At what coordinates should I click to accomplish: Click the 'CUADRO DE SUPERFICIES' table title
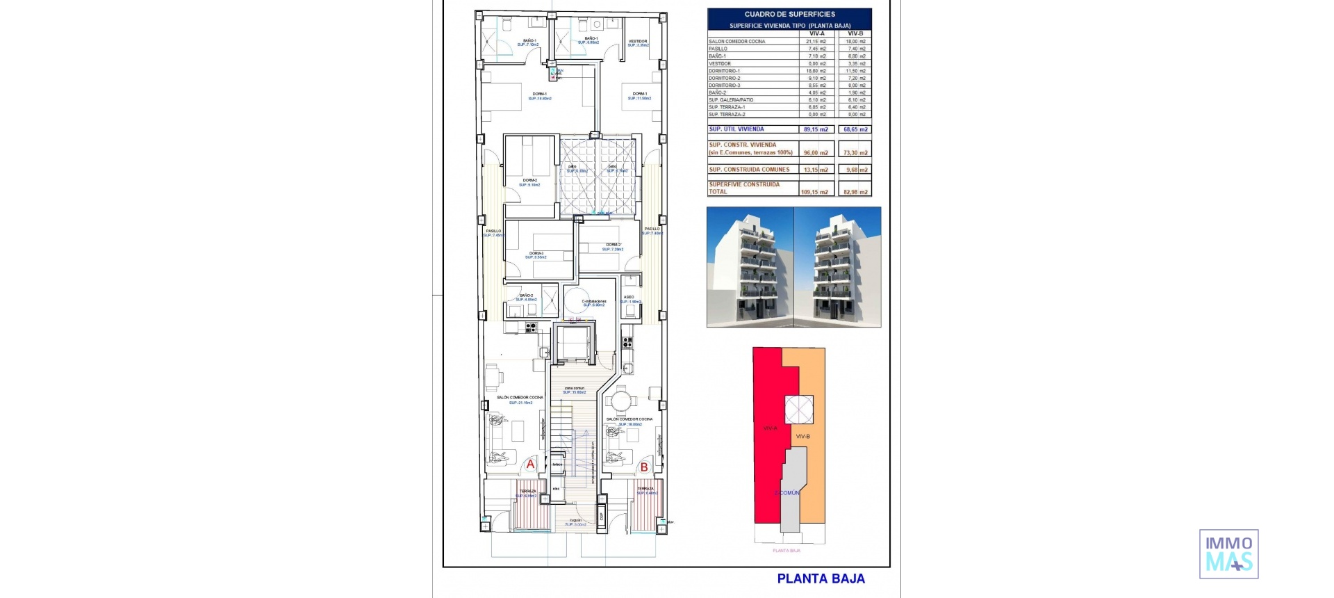pyautogui.click(x=789, y=14)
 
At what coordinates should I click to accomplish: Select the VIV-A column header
pyautogui.click(x=816, y=33)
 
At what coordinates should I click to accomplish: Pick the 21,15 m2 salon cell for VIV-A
pyautogui.click(x=816, y=42)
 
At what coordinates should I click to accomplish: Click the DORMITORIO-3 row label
pyautogui.click(x=725, y=86)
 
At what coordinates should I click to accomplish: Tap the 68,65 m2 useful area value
pyautogui.click(x=855, y=129)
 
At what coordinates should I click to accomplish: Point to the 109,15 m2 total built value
pyautogui.click(x=814, y=192)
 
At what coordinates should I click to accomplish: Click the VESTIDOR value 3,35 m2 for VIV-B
pyautogui.click(x=857, y=63)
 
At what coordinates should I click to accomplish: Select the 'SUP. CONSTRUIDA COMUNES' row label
pyautogui.click(x=749, y=170)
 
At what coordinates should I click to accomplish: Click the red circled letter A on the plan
pyautogui.click(x=530, y=464)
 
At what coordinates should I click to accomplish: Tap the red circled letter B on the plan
pyautogui.click(x=644, y=467)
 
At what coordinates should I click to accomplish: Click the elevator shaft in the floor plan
pyautogui.click(x=574, y=342)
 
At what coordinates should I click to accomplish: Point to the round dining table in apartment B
pyautogui.click(x=619, y=401)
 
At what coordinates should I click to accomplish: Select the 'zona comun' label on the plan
pyautogui.click(x=574, y=388)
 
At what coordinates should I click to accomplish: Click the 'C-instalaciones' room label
pyautogui.click(x=594, y=302)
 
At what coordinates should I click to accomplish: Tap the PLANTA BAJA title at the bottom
pyautogui.click(x=821, y=579)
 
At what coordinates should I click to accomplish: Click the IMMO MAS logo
pyautogui.click(x=1228, y=554)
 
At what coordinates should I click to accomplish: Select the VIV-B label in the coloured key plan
pyautogui.click(x=802, y=437)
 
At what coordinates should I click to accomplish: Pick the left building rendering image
pyautogui.click(x=750, y=267)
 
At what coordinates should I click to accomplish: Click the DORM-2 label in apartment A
pyautogui.click(x=529, y=180)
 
